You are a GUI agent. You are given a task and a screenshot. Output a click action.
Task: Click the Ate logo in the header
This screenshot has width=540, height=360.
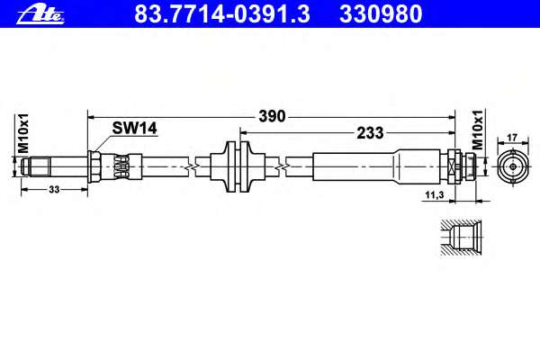pyautogui.click(x=40, y=15)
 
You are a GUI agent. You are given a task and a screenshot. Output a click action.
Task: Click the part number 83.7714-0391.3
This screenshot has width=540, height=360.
pyautogui.click(x=222, y=14)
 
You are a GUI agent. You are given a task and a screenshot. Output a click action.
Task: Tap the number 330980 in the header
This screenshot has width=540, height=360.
pyautogui.click(x=381, y=14)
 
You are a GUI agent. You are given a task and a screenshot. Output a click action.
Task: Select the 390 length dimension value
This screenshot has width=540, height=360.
pyautogui.click(x=272, y=116)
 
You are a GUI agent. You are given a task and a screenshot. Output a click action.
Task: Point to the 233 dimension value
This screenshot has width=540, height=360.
pyautogui.click(x=370, y=132)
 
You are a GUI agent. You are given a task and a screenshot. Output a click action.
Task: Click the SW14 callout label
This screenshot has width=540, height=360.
pyautogui.click(x=134, y=129)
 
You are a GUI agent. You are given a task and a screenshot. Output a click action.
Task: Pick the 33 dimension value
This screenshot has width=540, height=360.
pyautogui.click(x=54, y=190)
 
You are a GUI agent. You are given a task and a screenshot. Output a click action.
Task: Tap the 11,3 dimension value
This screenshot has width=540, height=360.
pyautogui.click(x=435, y=195)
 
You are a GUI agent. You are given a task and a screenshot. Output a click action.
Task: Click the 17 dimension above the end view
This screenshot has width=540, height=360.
pyautogui.click(x=512, y=138)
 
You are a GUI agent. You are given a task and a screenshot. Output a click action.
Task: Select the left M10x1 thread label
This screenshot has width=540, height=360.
pyautogui.click(x=23, y=134)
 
